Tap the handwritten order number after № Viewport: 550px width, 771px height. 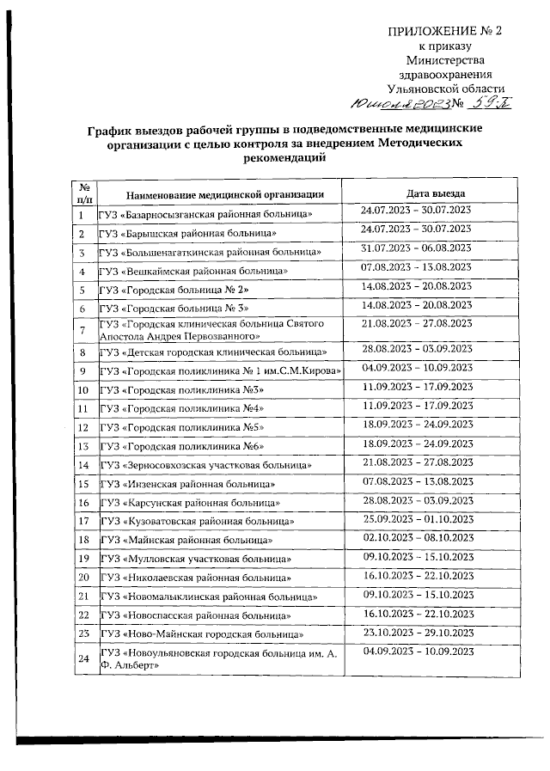(488, 104)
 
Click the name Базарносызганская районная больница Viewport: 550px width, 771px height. (205, 213)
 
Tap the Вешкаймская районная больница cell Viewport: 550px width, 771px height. (193, 271)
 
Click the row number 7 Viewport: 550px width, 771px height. (82, 329)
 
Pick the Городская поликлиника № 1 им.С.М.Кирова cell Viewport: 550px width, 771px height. (221, 372)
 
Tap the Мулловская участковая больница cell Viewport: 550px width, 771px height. (195, 559)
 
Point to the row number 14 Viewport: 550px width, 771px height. (83, 465)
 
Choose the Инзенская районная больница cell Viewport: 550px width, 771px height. (189, 484)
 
